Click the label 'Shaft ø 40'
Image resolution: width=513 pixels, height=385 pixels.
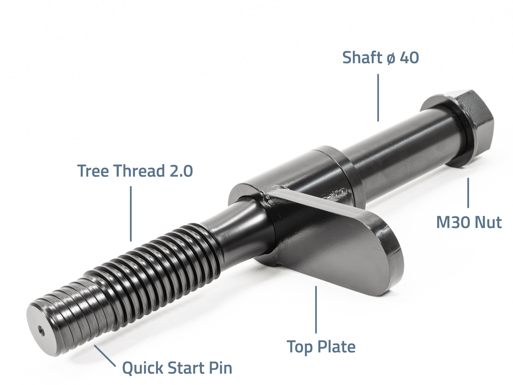point(380,58)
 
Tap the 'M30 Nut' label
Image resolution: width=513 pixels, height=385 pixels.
point(469,222)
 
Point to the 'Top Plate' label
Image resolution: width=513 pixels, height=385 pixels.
point(321,347)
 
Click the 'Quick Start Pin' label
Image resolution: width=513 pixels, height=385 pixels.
point(177,368)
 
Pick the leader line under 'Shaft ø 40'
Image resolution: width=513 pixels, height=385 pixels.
point(378,98)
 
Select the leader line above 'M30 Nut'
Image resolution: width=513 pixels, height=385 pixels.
point(468,193)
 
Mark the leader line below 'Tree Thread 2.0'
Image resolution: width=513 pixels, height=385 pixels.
point(131,214)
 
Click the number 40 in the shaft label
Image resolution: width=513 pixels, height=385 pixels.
point(409,58)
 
